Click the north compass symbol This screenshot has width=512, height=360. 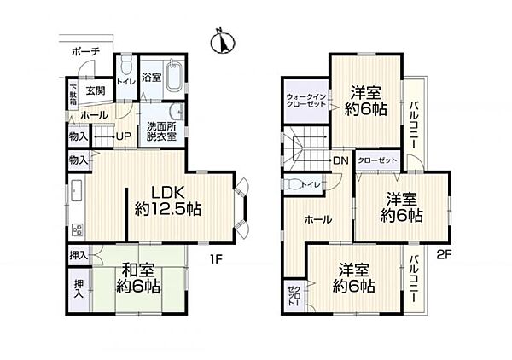point(223,42)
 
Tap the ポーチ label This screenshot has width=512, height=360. point(85,51)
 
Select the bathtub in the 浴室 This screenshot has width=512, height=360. point(175,77)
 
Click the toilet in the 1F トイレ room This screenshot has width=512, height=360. point(126,67)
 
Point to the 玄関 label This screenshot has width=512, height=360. point(96,90)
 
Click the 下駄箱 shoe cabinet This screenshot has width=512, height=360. point(73,95)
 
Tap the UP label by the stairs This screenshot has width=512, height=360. point(124,136)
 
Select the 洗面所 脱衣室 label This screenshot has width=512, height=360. point(161,131)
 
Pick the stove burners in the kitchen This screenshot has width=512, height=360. point(78,229)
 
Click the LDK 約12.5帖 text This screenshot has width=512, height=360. point(168,201)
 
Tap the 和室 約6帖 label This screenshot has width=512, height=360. point(138,278)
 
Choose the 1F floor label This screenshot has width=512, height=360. point(216,259)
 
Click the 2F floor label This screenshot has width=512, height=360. point(444,254)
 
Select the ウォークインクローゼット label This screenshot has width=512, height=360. point(306,101)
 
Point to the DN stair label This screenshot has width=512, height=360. point(340,160)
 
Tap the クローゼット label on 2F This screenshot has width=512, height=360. point(377,160)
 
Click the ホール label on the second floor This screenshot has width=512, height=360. point(317,219)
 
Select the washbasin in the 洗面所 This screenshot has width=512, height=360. point(177,113)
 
